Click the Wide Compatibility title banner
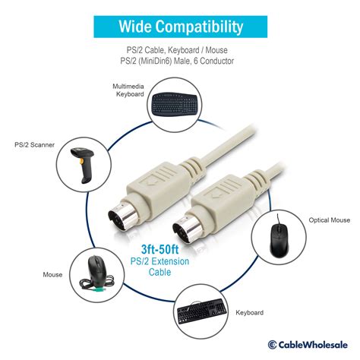click(x=180, y=27)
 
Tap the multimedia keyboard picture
click(x=175, y=105)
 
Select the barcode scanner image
click(x=83, y=165)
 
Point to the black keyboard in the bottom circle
click(x=202, y=311)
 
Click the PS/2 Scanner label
click(x=34, y=145)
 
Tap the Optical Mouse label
click(x=330, y=220)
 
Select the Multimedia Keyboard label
click(x=128, y=90)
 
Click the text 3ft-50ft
click(x=159, y=249)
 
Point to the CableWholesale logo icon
click(x=272, y=345)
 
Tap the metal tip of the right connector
click(x=188, y=229)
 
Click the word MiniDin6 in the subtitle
click(x=156, y=61)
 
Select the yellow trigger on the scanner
click(x=81, y=162)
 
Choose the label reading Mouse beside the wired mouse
click(x=52, y=275)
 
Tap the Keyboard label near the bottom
click(x=249, y=313)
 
